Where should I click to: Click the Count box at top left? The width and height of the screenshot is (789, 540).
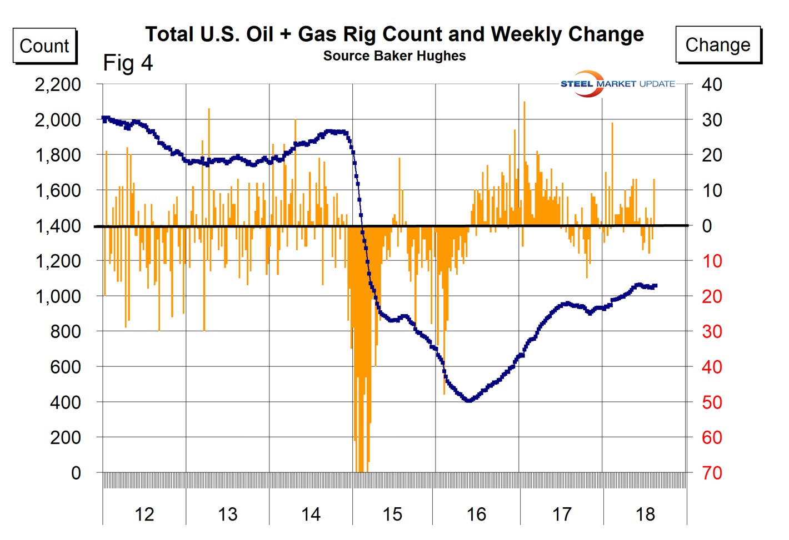coord(44,46)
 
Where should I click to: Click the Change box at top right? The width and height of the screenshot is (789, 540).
coord(717,44)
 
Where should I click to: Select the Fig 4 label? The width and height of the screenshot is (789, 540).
coord(128,63)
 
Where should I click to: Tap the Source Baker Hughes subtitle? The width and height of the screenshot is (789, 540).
coord(394,56)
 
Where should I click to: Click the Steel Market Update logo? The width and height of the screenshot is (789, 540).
coord(617,84)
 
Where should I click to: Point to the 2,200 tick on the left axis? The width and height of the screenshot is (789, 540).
coord(58,84)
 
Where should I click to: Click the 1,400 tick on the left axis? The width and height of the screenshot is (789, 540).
coord(58,226)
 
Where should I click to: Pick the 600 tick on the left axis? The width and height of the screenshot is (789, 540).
coord(65,367)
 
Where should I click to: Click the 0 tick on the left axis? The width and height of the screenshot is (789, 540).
coord(76,473)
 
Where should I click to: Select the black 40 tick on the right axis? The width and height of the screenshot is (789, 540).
coord(712,84)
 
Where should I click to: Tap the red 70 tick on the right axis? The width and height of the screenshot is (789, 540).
coord(712,473)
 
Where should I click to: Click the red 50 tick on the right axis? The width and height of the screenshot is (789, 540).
coord(712,402)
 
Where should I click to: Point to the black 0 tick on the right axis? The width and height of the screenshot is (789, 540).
coord(707,226)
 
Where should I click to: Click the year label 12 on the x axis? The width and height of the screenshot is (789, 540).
coord(144,514)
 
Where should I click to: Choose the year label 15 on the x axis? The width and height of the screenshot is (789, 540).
coord(392,514)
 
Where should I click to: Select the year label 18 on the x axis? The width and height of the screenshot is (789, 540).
coord(645,514)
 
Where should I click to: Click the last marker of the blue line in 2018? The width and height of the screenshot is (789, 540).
coord(656,286)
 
